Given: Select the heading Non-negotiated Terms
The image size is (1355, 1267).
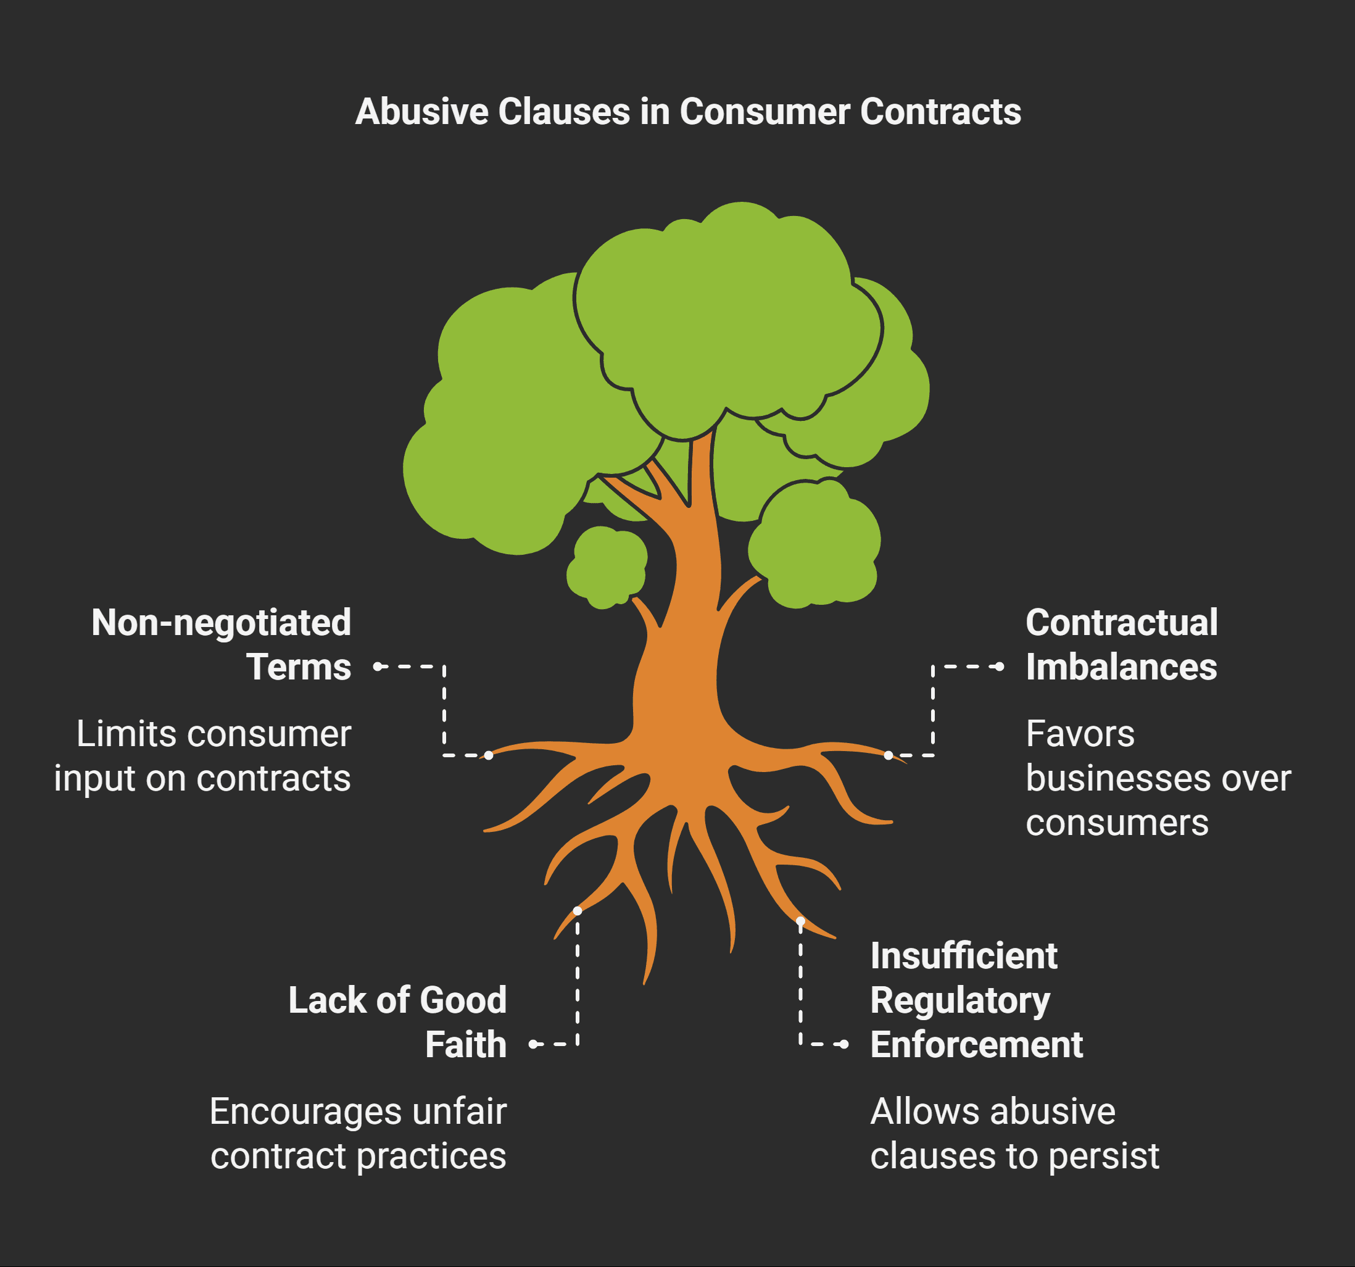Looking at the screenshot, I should (222, 644).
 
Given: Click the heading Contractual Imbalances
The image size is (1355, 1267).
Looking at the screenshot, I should (1121, 644).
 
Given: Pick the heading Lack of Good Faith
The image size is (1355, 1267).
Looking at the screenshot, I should (397, 1021).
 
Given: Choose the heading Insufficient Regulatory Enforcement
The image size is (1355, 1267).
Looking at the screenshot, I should (976, 1000).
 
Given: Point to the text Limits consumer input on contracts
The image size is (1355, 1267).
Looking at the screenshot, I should (202, 756).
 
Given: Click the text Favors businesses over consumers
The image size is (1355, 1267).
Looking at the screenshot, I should (1158, 778).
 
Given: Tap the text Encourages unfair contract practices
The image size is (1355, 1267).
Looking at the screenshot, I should (358, 1134).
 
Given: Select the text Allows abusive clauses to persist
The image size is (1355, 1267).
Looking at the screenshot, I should (1014, 1134).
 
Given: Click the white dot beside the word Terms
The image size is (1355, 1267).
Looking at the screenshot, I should (378, 667).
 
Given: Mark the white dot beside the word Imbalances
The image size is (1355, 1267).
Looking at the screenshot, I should (1000, 667).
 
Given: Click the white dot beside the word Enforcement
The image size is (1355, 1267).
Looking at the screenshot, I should (845, 1044).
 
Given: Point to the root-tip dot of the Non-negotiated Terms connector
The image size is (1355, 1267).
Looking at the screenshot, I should (489, 755).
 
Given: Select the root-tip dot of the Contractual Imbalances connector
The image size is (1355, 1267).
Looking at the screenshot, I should (888, 755).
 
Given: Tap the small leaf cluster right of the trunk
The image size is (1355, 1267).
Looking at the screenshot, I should (814, 545).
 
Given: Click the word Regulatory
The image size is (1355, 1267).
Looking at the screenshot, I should (959, 1000).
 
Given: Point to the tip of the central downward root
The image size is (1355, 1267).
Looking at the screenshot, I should (645, 981).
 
